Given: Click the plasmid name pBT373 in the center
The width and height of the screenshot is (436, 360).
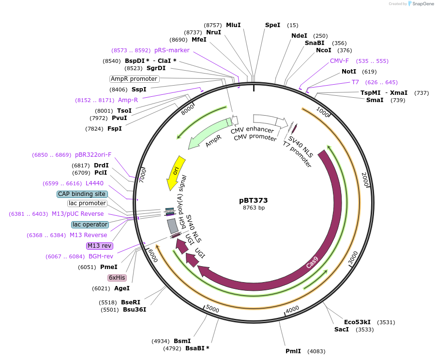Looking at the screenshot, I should coord(253,200).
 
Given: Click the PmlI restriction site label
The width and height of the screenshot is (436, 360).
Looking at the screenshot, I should coord(293,351).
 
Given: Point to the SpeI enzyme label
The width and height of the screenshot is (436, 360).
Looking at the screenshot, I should coord(272,25).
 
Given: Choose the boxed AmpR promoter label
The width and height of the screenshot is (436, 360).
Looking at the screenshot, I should coord(134,79).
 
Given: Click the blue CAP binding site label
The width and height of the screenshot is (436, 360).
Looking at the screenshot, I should coord(82,194).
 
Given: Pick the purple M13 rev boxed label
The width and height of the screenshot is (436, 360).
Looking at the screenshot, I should coord(99,246).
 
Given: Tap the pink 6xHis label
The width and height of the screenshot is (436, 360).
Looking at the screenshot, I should coord(117,278).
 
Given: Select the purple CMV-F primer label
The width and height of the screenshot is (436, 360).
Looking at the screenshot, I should coord(339,61).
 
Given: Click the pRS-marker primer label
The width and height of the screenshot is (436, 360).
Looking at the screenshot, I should coord(172,50).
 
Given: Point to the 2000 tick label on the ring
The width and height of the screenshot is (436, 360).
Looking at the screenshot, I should coord(365,180).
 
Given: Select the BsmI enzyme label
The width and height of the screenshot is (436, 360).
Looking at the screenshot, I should coord(182,341).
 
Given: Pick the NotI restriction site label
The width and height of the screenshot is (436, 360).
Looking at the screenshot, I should coord(349,72).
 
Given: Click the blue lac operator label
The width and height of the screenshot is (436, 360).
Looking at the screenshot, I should coord(90,225).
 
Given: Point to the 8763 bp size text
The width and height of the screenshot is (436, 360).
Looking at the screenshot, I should coord(254,208).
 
